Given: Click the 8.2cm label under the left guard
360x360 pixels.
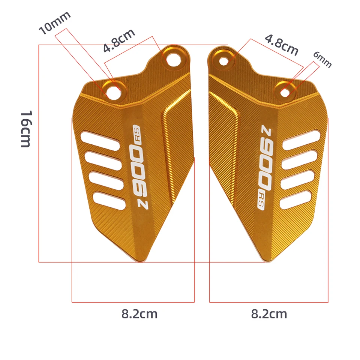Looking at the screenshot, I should [x=139, y=314].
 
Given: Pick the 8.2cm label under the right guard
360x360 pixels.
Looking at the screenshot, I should [x=269, y=314].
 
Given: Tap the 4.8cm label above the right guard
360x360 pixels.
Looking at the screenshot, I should [x=282, y=45].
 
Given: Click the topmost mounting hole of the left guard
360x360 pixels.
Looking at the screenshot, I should [x=172, y=58].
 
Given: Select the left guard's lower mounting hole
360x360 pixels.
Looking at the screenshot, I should [x=113, y=91].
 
